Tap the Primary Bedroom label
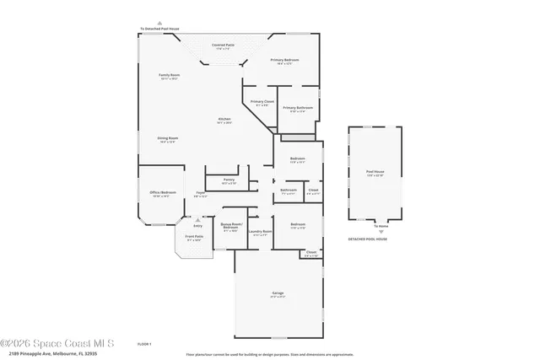click(284, 61)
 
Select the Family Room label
click(169, 76)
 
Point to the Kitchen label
click(224, 120)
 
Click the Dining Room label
click(167, 139)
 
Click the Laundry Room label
click(261, 232)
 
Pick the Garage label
click(277, 294)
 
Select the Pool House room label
click(375, 173)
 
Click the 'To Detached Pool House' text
click(159, 29)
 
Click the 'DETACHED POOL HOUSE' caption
click(368, 239)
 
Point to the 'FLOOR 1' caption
click(143, 344)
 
